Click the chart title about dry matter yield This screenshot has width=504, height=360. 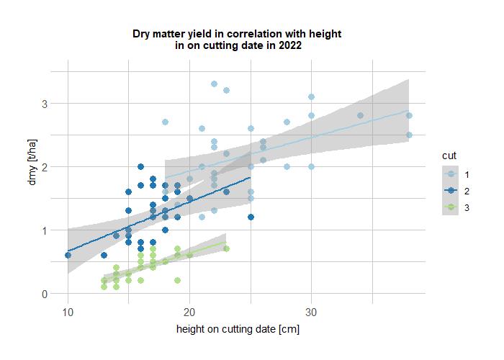(x=237, y=39)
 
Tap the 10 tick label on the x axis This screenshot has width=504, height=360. (x=68, y=312)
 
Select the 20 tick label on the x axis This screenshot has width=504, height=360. (x=189, y=312)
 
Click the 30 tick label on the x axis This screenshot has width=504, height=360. (x=311, y=312)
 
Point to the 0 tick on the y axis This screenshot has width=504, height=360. (x=43, y=294)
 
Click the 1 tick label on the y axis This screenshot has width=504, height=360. (x=43, y=230)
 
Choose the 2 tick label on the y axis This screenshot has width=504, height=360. (x=43, y=167)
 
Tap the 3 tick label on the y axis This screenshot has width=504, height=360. (x=43, y=104)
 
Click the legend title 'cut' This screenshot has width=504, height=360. (x=449, y=155)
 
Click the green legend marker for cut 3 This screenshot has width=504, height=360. (x=451, y=207)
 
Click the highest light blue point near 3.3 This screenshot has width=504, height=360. (x=214, y=84)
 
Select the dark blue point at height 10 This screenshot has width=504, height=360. (x=68, y=256)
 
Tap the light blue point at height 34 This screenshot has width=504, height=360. (x=360, y=116)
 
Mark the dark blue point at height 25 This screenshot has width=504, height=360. (x=251, y=217)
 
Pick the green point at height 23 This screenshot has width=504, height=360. (x=226, y=249)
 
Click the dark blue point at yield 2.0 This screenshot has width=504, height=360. (x=141, y=167)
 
